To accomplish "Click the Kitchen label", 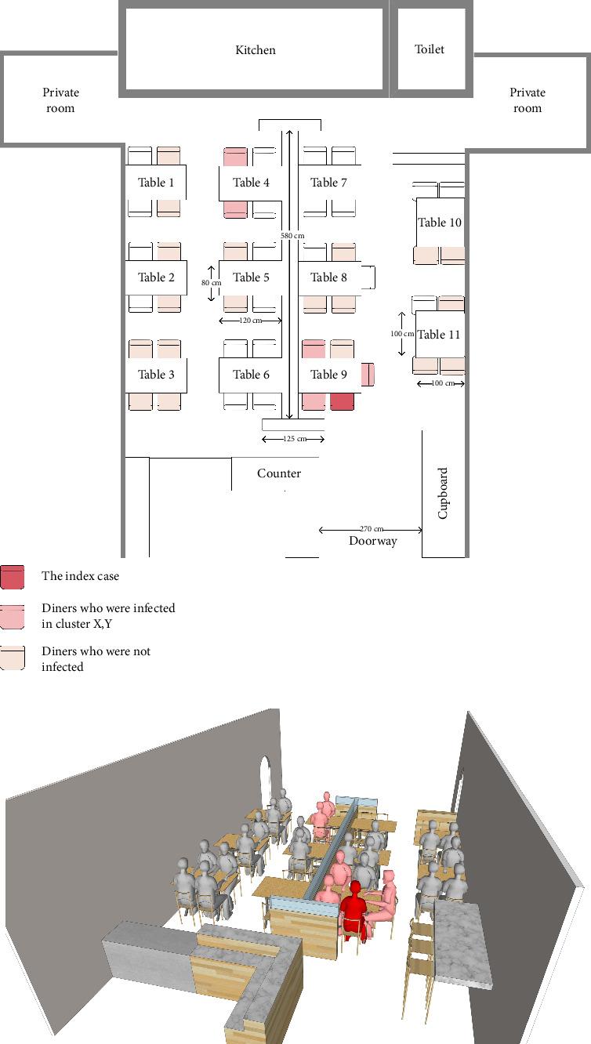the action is coord(256,50).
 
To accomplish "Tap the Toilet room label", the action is coord(430,49).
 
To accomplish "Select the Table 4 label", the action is coord(251,183).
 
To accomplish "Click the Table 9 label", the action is coord(328,374).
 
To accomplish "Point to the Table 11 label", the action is coord(439,334).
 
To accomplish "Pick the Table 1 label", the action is coord(156,183).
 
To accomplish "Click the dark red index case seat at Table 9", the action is coord(342,402).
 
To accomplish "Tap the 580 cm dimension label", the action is coord(292,235).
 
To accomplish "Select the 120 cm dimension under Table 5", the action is coord(250,321).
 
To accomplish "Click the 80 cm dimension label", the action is coord(211,282).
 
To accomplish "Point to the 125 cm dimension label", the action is coord(295,439).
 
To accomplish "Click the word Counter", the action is coord(279,473).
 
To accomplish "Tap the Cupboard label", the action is coord(443,493).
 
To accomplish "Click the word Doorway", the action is coord(373,541).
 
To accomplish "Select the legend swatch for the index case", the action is coord(12,577).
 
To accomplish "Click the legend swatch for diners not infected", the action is coord(12,658).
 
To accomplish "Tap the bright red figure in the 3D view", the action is coord(354,910).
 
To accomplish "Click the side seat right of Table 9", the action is coord(368,375).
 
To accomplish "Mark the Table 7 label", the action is coord(328,183).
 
